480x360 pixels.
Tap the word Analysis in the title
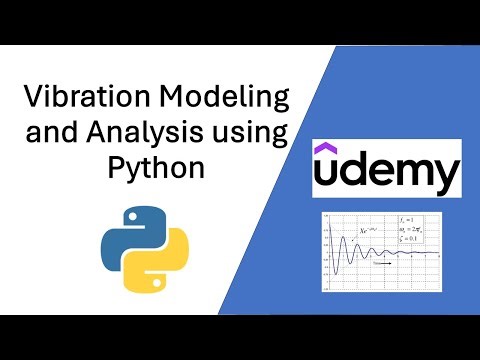pos(172,133)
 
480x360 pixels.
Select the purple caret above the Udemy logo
pos(327,150)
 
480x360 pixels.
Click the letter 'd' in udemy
pos(356,174)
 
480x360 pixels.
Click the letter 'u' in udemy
pos(329,177)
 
